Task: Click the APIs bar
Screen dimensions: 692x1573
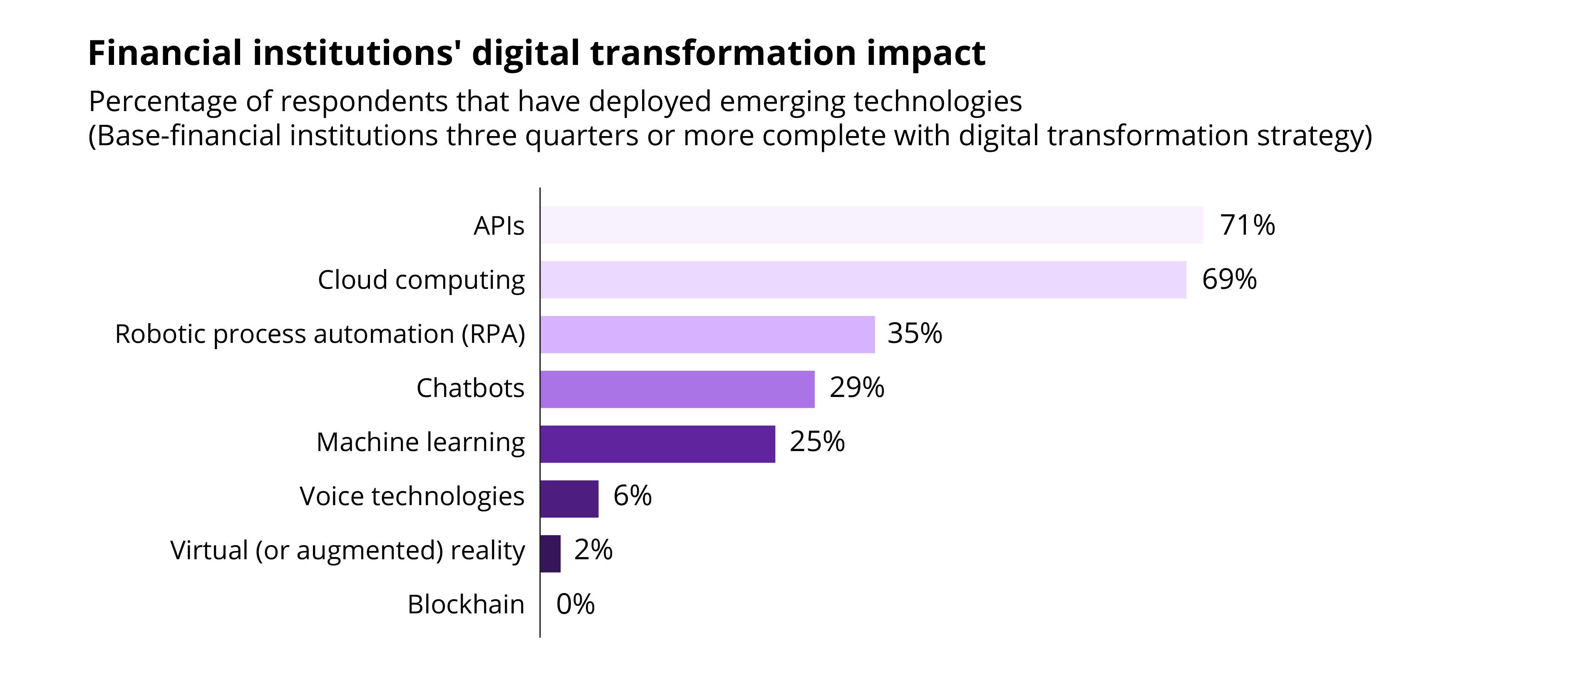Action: tap(871, 225)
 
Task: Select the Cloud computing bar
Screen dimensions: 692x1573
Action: tap(863, 280)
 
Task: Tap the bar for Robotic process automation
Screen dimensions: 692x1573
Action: tap(707, 334)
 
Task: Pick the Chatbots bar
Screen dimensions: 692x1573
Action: tap(677, 389)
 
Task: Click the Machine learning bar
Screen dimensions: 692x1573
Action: tap(657, 444)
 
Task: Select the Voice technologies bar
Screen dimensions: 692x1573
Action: tap(569, 499)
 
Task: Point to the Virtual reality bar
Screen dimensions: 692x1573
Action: tap(550, 553)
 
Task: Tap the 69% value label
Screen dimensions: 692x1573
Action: tap(1229, 279)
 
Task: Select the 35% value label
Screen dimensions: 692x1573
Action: tap(914, 333)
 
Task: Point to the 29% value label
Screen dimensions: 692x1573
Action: tap(857, 388)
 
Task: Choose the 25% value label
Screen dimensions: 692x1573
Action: tap(817, 441)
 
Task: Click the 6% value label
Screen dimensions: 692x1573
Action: tap(632, 495)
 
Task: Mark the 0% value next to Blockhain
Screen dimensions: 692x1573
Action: tap(575, 604)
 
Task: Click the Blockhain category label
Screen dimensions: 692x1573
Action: tap(466, 605)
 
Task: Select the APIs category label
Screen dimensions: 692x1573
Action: tap(499, 226)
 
